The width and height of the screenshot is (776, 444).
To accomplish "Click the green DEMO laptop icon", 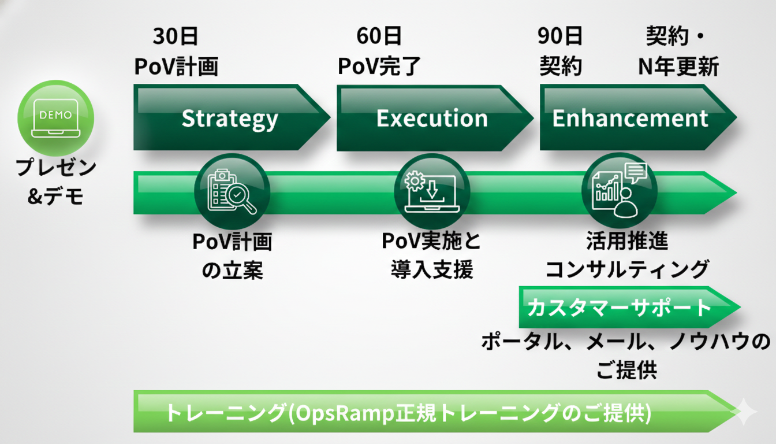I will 55,118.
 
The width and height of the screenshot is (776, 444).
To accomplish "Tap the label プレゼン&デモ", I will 55,182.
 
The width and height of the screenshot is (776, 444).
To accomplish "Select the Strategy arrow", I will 230,118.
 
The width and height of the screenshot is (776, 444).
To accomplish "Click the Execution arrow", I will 432,118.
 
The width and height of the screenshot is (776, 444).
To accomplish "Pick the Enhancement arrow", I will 630,118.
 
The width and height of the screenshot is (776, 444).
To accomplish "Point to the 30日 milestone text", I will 176,36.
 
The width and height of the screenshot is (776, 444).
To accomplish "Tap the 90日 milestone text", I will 559,36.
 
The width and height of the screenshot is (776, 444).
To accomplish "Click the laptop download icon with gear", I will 431,191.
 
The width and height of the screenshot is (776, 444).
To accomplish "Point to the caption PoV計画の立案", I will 232,256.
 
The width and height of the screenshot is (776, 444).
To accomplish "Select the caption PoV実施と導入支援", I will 431,256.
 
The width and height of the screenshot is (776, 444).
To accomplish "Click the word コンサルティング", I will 627,269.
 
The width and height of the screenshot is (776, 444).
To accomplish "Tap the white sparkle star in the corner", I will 744,412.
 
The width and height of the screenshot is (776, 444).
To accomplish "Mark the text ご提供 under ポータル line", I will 626,371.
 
